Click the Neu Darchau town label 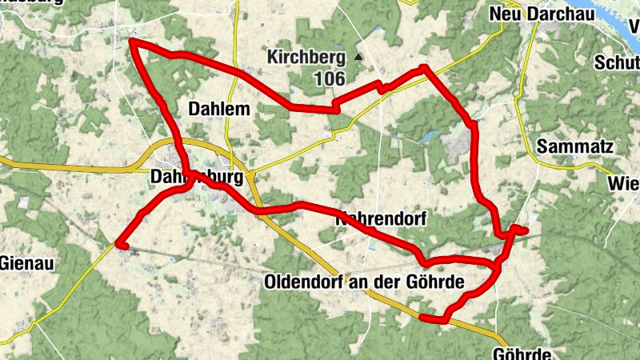tap(530, 14)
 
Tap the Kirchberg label tap(306, 58)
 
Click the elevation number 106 tap(329, 78)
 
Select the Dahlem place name tap(218, 109)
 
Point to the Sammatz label tap(575, 146)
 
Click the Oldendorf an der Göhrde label tap(363, 282)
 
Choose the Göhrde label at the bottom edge tap(523, 354)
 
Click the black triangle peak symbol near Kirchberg tap(358, 57)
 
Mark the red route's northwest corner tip tap(131, 41)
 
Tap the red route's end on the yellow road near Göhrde tap(422, 318)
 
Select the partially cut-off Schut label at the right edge tap(617, 63)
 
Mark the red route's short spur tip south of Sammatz tap(526, 231)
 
